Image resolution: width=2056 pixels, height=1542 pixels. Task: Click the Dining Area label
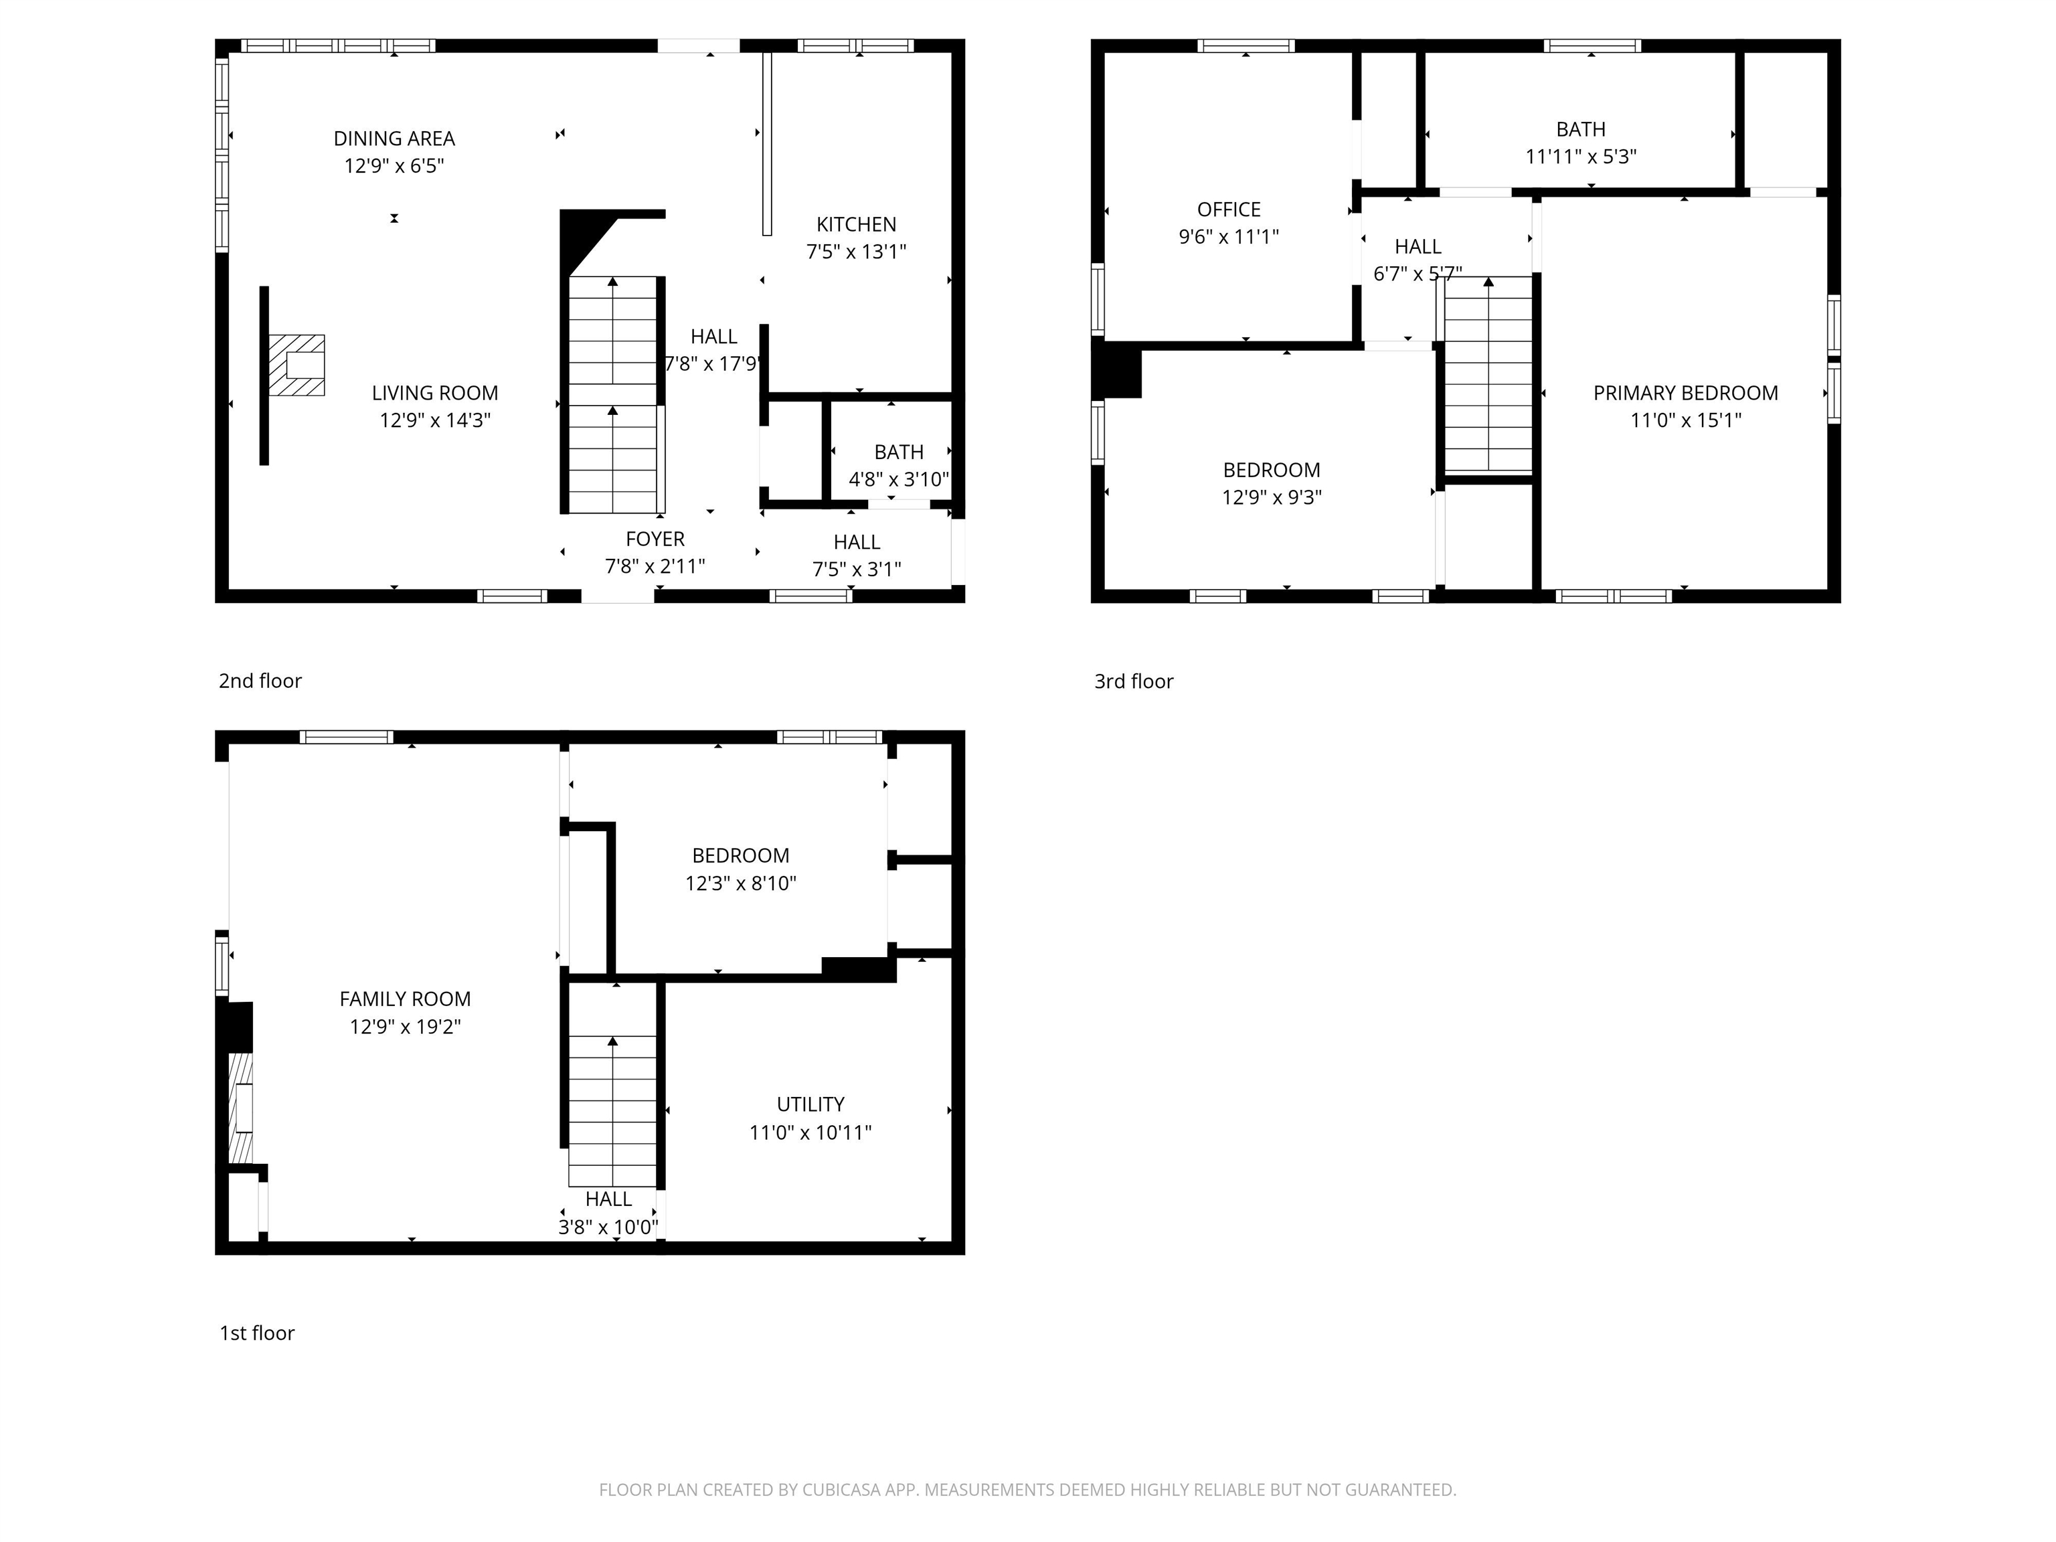click(394, 139)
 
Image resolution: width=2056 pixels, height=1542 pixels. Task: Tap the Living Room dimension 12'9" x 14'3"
click(434, 420)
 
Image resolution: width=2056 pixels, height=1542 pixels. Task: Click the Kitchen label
click(856, 224)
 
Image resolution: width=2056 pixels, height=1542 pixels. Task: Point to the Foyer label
click(655, 539)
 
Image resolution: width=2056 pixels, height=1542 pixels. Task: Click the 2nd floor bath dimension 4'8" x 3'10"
click(898, 480)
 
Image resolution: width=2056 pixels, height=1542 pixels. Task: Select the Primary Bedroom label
click(1685, 393)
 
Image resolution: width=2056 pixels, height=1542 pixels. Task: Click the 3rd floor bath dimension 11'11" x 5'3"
click(1580, 156)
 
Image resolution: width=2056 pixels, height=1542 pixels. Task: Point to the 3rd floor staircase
click(1487, 376)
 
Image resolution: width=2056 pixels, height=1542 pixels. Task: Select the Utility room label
click(810, 1104)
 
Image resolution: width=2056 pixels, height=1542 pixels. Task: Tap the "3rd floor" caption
click(1133, 681)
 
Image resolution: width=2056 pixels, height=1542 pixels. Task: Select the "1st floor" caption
click(256, 1333)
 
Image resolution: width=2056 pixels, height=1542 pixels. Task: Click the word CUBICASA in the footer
click(841, 1490)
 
